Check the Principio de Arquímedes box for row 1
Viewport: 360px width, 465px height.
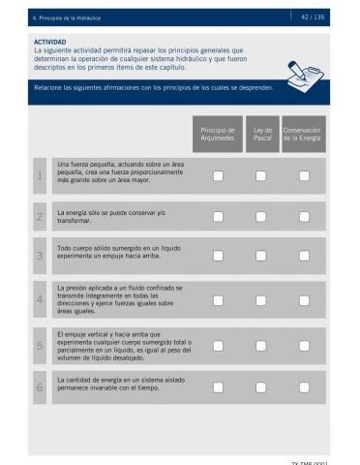point(219,175)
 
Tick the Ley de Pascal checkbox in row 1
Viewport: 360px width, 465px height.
point(261,175)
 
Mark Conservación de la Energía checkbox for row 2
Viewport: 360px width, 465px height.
point(304,216)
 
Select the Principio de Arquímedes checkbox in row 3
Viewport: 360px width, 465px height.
point(219,257)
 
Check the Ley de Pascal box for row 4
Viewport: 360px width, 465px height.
point(261,300)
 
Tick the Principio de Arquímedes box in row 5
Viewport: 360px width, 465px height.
point(219,345)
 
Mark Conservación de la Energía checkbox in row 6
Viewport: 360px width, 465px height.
point(304,387)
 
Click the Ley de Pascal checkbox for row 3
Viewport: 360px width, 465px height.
point(261,257)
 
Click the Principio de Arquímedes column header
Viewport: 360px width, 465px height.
point(219,134)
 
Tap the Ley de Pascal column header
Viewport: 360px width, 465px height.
point(261,134)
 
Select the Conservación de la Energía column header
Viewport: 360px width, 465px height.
point(303,134)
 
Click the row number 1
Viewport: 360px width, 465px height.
point(40,175)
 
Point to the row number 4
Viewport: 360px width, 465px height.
point(40,300)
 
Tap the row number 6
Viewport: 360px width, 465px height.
point(40,387)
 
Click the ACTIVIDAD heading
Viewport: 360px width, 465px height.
point(50,43)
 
